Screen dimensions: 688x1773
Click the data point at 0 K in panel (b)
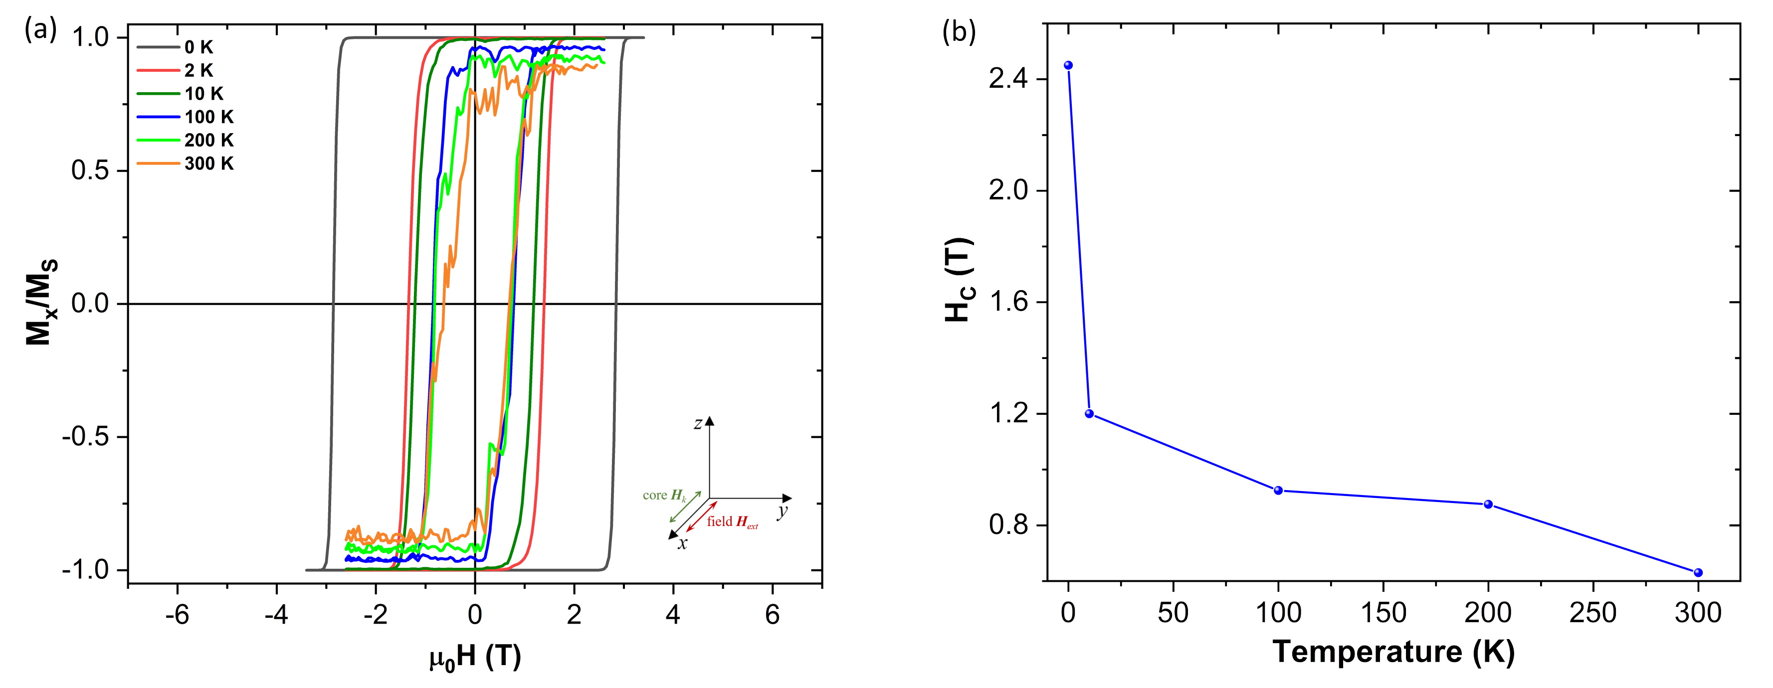point(1068,65)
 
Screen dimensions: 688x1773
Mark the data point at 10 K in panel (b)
point(1089,413)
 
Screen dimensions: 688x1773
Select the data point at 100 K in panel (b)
point(1278,491)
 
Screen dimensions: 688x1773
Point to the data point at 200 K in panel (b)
point(1488,505)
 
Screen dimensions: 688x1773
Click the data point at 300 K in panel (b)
point(1698,572)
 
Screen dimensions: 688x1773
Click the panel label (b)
point(959,31)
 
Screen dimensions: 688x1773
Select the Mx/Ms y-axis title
point(41,303)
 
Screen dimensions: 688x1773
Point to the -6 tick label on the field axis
point(177,614)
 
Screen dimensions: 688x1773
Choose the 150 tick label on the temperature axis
point(1383,612)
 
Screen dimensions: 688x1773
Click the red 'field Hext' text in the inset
point(732,522)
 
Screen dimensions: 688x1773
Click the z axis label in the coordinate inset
point(698,424)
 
